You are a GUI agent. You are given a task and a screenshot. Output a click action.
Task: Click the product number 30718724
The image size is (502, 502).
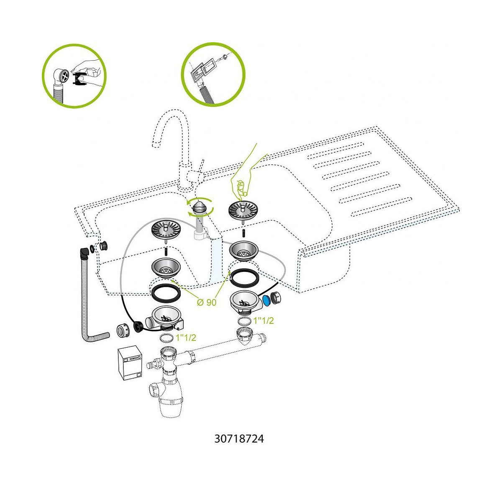point(239,439)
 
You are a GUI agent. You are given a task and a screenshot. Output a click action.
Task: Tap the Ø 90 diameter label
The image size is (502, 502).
point(206,302)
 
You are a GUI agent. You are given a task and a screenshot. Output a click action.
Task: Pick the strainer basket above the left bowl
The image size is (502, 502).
point(166,229)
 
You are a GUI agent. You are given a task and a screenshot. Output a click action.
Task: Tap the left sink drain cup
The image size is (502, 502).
point(166,267)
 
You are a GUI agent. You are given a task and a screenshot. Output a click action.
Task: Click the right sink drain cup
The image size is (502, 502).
point(244,250)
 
